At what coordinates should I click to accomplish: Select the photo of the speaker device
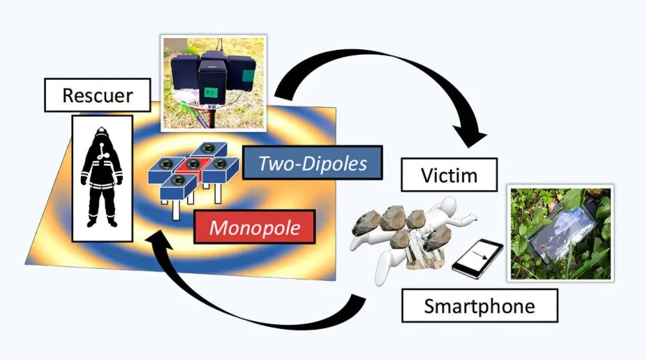214,82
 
